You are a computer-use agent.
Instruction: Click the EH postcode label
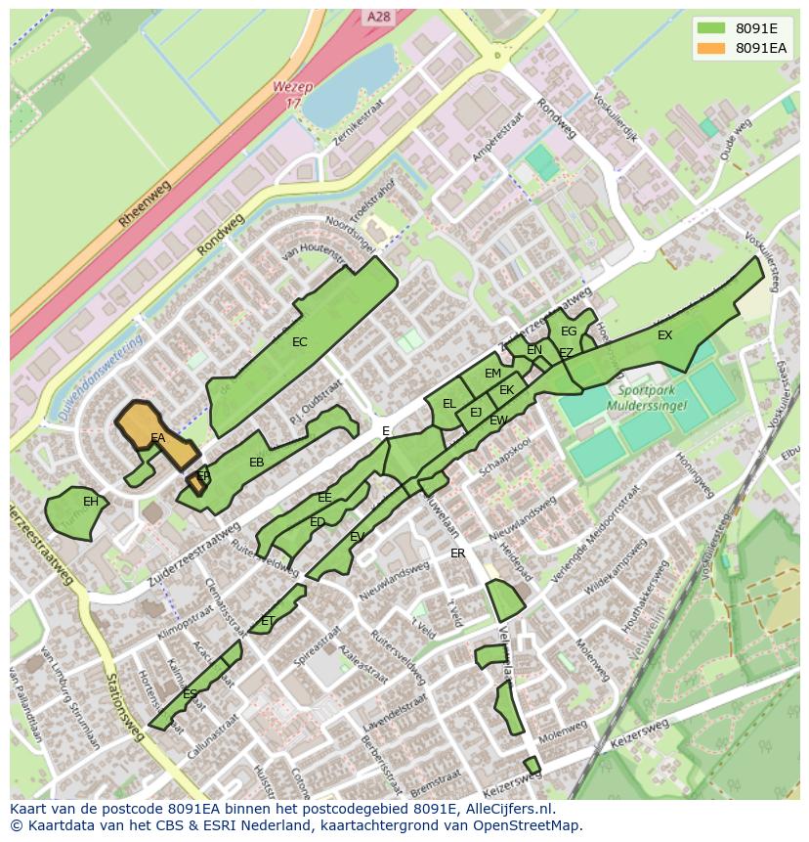pos(91,502)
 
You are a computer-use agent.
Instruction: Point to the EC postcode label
pos(300,342)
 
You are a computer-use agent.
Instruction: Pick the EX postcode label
pos(664,335)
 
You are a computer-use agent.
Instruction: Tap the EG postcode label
pos(569,332)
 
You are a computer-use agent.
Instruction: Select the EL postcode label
pos(449,403)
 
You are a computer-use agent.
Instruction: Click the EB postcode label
pos(257,463)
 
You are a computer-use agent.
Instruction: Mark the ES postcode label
pos(191,694)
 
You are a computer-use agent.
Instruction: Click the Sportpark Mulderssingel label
pos(647,397)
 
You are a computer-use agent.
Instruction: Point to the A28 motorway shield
pos(378,18)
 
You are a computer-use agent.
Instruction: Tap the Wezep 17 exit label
pos(293,94)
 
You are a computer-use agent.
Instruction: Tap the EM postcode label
pos(492,373)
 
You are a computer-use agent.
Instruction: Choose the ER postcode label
pos(458,553)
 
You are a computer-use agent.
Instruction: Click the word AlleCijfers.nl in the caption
pos(506,809)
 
